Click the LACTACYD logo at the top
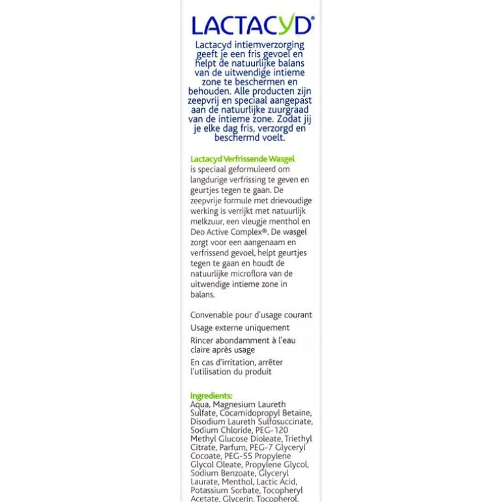(252, 25)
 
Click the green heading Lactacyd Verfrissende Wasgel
(242, 158)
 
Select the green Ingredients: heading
(211, 396)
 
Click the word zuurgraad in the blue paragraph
(288, 110)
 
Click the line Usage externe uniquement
(239, 328)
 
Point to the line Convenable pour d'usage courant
(251, 315)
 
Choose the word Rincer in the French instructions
(202, 340)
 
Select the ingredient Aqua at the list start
(199, 404)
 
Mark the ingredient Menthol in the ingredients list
(237, 482)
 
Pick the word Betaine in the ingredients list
(297, 413)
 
